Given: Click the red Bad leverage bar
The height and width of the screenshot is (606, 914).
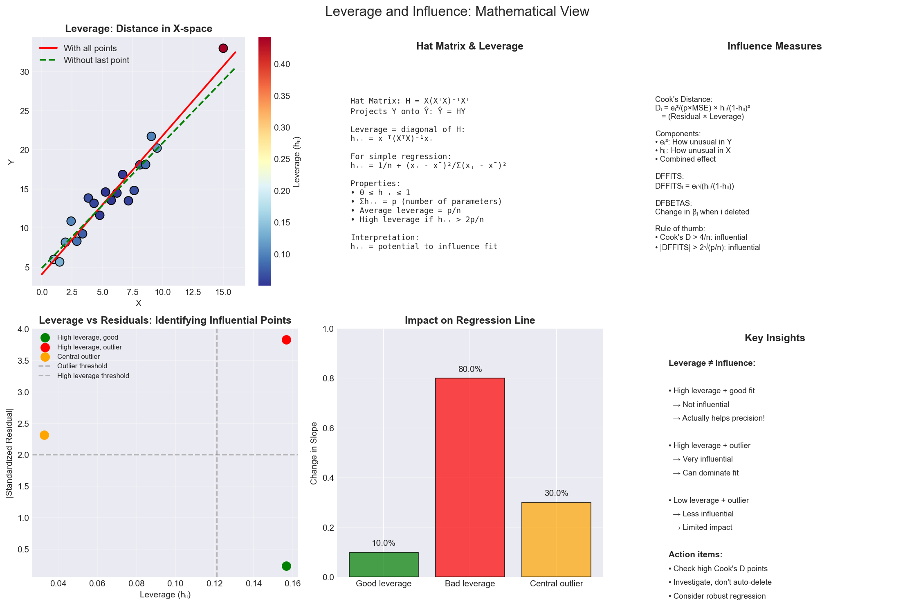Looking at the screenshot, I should click(x=470, y=477).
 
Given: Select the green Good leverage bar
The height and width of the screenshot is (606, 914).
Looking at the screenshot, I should click(x=384, y=564).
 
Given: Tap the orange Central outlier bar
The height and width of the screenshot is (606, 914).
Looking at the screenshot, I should click(x=556, y=539).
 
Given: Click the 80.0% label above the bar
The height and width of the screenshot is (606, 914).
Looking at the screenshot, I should click(x=470, y=369).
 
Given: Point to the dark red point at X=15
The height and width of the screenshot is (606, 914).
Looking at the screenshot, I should click(x=223, y=48).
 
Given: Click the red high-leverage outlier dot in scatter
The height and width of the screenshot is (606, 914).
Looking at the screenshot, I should click(x=286, y=340).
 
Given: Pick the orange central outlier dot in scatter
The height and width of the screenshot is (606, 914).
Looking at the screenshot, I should click(x=44, y=435).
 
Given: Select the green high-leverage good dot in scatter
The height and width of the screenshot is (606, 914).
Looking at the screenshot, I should click(x=286, y=566).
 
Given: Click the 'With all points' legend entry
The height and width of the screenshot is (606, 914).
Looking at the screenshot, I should click(x=90, y=48).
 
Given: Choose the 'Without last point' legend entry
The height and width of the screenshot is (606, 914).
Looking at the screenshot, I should click(x=96, y=60).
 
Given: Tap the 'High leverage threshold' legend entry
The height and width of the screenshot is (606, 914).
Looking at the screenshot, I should click(x=93, y=376).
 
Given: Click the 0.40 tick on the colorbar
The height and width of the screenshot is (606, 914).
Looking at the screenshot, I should click(x=282, y=64).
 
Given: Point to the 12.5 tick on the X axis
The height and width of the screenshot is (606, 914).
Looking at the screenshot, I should click(x=193, y=292).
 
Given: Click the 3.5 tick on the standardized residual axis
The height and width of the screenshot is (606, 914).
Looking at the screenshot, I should click(x=23, y=361).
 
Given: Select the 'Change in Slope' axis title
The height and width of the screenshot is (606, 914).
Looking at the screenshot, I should click(x=314, y=453).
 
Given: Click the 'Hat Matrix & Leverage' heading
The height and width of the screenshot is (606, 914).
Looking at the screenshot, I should click(x=469, y=46).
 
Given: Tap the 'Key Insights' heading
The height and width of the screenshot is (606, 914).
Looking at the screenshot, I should click(x=775, y=338).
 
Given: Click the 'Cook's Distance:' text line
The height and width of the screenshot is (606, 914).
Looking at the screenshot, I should click(x=683, y=99).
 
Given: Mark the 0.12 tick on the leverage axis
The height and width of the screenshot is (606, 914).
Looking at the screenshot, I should click(x=214, y=583).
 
